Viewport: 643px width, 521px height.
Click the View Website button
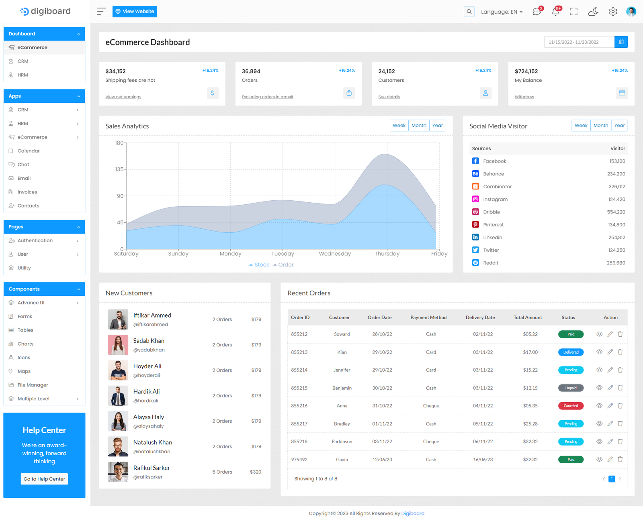pos(135,12)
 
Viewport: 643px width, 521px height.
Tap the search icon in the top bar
pos(469,12)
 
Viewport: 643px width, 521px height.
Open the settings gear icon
pos(613,12)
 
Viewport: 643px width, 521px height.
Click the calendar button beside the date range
pos(621,42)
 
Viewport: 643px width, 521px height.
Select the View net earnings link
pos(123,97)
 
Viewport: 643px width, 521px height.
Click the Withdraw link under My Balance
pos(524,97)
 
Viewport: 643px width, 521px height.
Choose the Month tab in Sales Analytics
pos(419,126)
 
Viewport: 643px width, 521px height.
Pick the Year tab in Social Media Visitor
pos(619,126)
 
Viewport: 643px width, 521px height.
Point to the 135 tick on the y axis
pos(119,169)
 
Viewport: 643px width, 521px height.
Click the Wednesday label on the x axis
pos(335,254)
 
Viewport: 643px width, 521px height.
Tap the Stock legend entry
pos(259,265)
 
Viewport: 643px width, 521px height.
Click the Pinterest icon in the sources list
pos(475,225)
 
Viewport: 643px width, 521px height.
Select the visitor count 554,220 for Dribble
pos(616,212)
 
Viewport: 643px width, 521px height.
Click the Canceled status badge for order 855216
pos(571,406)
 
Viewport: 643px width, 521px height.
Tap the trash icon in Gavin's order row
pos(620,459)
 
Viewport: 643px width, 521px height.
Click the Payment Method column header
pos(428,317)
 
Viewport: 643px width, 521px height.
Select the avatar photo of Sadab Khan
pos(118,345)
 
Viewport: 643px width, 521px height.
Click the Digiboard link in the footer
pos(413,513)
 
